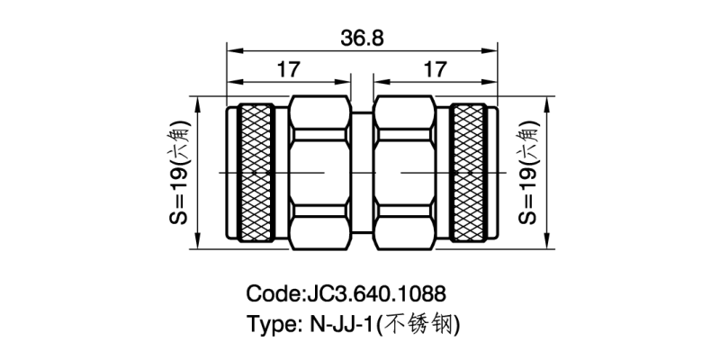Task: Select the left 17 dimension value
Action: click(288, 69)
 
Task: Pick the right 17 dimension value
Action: click(435, 69)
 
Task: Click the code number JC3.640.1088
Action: click(377, 294)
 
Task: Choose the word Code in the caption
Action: click(274, 294)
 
